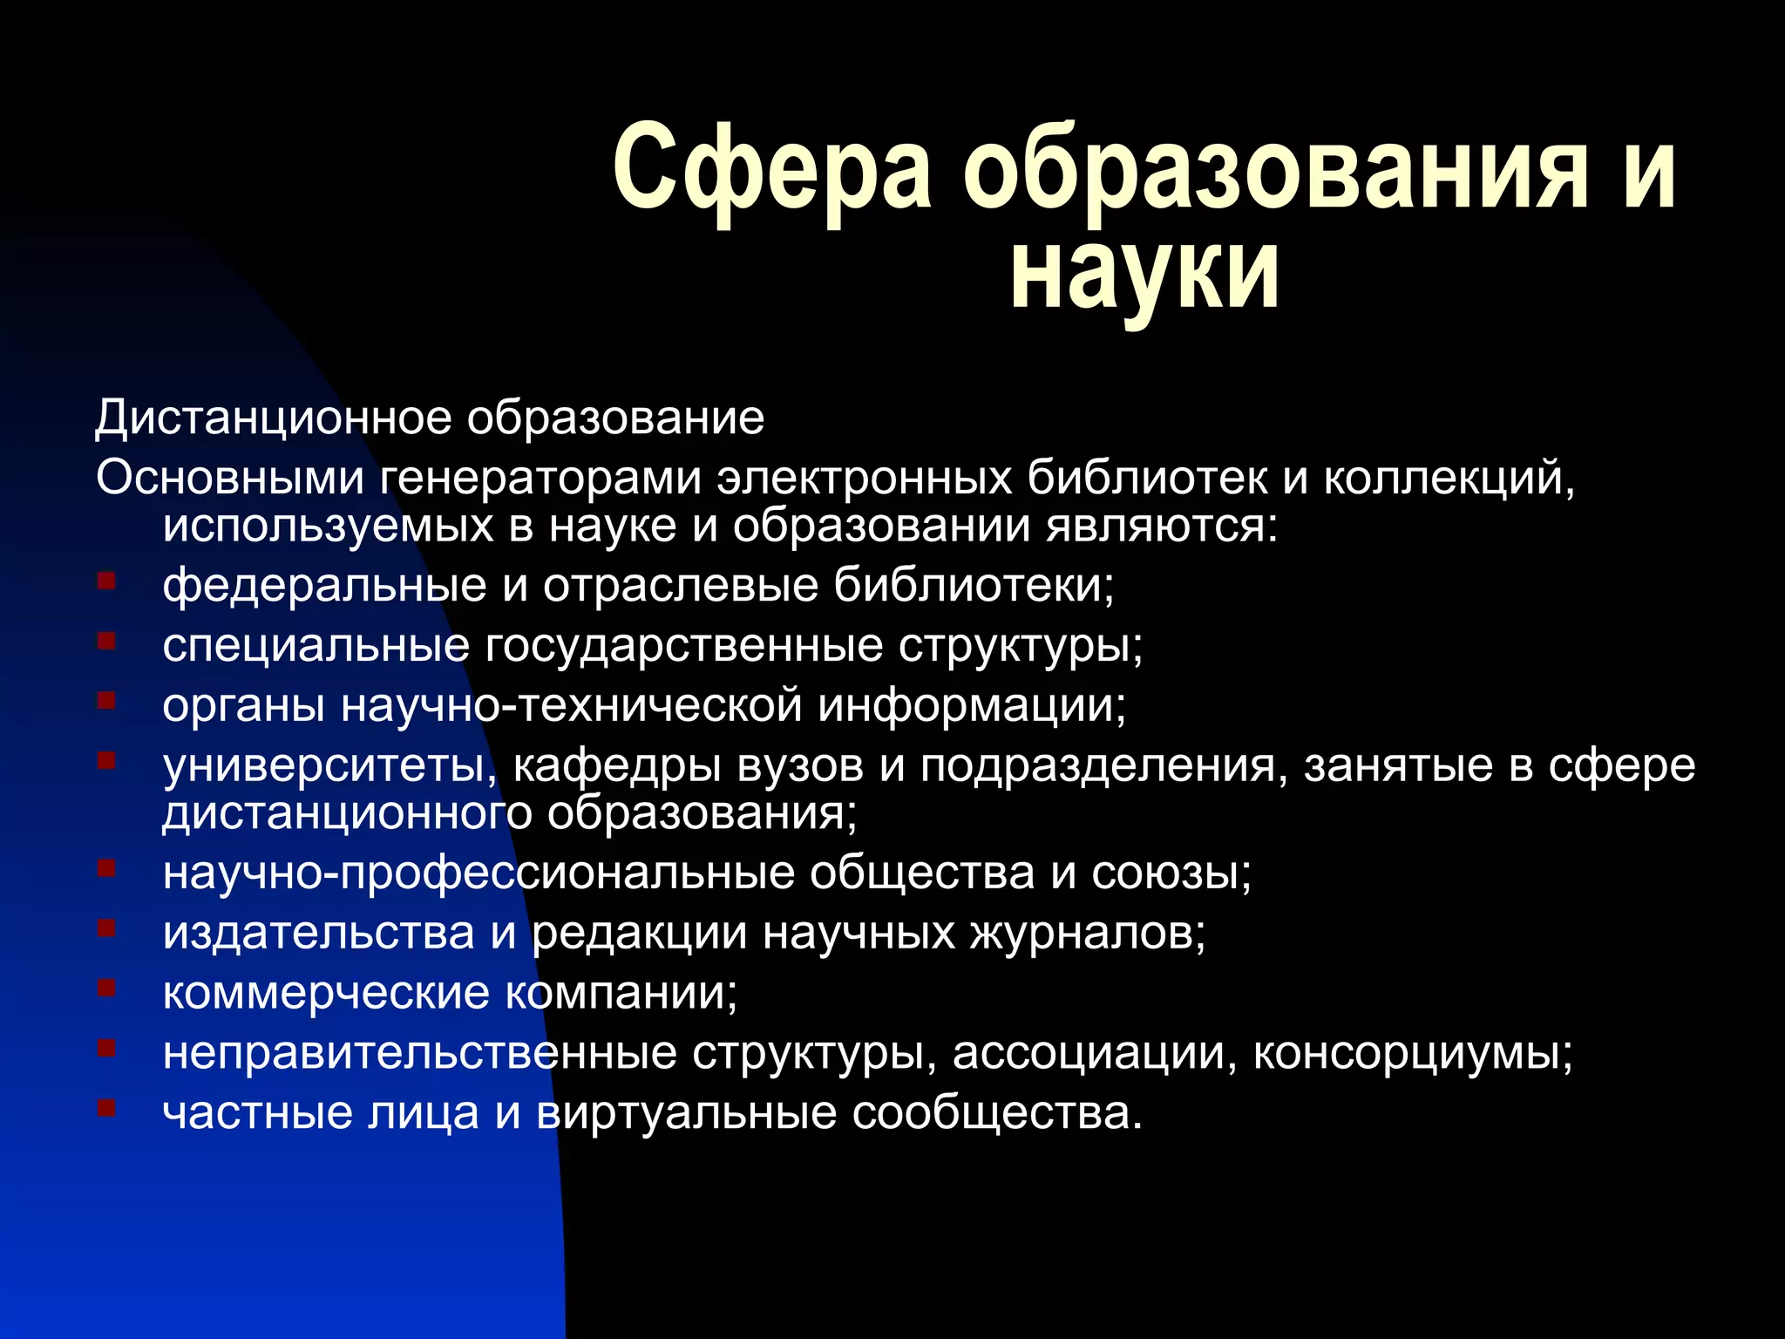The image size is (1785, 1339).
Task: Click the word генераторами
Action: (540, 478)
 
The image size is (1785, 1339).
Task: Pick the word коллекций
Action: (1449, 478)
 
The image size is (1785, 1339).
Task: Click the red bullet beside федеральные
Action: (106, 581)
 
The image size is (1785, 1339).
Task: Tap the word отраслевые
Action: (681, 585)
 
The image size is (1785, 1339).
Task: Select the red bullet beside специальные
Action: (106, 642)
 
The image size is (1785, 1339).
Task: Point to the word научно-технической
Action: (571, 705)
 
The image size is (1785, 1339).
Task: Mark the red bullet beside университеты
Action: (106, 761)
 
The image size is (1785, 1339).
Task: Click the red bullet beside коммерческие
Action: (106, 989)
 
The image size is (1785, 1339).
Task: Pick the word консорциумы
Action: (1413, 1053)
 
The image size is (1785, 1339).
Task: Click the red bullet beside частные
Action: (106, 1108)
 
